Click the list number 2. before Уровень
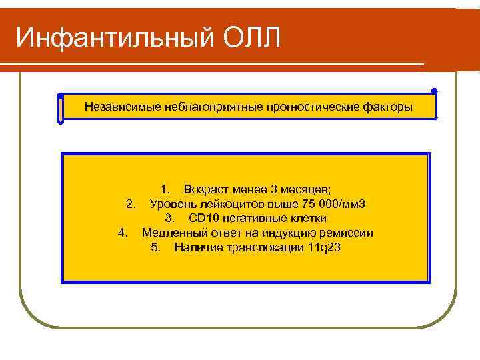[x=132, y=204]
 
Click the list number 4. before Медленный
[x=123, y=233]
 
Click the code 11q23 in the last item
[x=324, y=248]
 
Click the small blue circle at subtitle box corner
[x=435, y=90]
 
